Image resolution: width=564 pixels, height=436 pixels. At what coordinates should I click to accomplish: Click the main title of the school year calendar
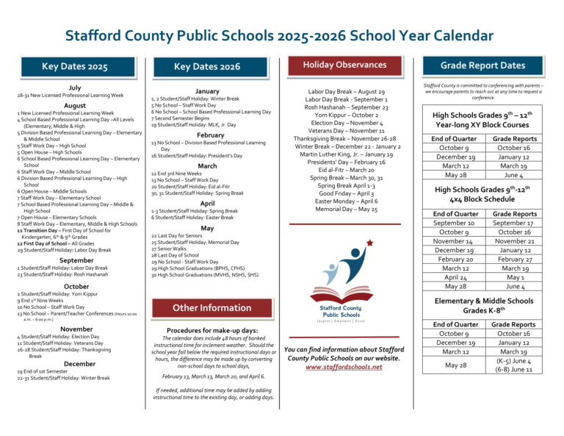(x=279, y=35)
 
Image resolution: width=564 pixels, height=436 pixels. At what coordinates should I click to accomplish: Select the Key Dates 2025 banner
(x=75, y=67)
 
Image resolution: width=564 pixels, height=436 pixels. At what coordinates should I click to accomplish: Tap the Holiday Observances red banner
(x=344, y=65)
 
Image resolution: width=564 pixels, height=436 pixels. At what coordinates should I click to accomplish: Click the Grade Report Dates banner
(x=482, y=65)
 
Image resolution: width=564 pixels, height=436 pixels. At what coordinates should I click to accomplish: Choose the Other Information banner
(x=211, y=307)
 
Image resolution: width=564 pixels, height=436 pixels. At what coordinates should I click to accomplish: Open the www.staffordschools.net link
(x=344, y=367)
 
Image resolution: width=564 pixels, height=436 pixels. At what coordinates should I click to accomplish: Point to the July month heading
(x=75, y=87)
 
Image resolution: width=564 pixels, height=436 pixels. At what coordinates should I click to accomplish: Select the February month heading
(x=211, y=135)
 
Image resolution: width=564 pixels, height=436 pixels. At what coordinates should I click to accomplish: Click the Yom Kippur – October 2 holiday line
(x=344, y=115)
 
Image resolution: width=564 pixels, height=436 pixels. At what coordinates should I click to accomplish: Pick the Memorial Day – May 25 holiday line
(x=344, y=210)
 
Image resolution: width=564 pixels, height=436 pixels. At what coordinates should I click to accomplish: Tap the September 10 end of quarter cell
(x=454, y=223)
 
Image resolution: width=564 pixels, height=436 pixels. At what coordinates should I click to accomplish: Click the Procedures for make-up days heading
(x=211, y=330)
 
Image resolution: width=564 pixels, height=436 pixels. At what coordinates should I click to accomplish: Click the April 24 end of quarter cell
(x=454, y=277)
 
